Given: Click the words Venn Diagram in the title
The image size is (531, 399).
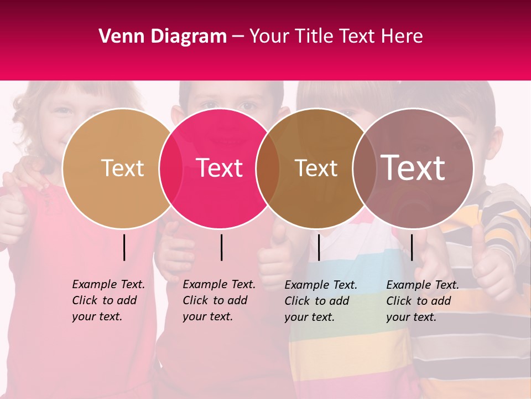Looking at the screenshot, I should [x=163, y=37].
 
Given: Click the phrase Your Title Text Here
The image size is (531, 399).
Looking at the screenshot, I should [x=336, y=37].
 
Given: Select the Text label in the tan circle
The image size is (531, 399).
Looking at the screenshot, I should [x=122, y=168].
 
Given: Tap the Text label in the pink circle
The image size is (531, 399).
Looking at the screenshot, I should [x=220, y=168].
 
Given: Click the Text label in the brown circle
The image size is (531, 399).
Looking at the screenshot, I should [x=316, y=168].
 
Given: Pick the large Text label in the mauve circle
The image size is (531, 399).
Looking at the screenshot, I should [x=413, y=168].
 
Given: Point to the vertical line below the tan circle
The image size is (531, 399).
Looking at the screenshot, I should [x=124, y=247].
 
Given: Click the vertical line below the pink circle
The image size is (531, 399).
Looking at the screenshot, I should [x=221, y=247].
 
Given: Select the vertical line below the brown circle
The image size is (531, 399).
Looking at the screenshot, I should [x=319, y=247].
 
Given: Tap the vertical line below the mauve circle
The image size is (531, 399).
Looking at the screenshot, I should [x=412, y=247].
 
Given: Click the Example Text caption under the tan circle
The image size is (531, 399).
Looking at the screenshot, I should [x=108, y=300].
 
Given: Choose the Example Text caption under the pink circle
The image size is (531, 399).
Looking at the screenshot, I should [x=219, y=300].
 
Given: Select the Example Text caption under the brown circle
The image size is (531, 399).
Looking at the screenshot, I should [x=321, y=301].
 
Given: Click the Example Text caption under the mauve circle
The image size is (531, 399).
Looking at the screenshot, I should [x=423, y=301].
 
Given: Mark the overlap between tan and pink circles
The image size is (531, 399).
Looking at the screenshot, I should [x=171, y=168].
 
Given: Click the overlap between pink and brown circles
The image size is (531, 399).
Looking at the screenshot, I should [x=268, y=168].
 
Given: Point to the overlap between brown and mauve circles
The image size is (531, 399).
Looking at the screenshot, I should [x=363, y=168].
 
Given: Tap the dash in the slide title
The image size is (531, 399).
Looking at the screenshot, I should [x=238, y=37].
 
